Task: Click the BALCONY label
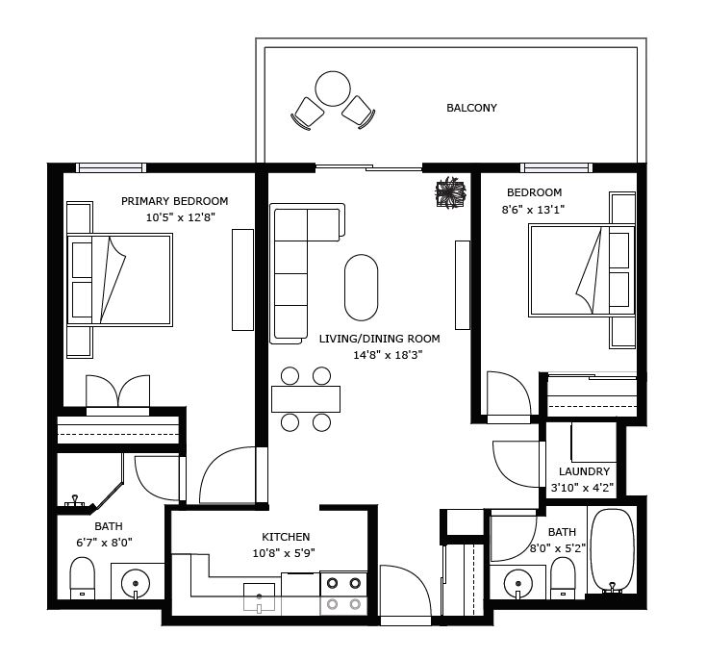471,108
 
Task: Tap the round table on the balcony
333,89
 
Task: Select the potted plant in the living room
451,192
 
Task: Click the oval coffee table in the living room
361,288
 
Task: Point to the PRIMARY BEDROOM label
175,201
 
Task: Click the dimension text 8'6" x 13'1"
533,210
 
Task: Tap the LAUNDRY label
584,471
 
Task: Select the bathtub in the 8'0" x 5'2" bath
612,550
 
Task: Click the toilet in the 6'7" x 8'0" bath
83,578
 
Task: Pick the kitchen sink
259,597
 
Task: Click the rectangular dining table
306,399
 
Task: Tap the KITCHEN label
286,537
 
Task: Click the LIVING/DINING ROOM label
380,339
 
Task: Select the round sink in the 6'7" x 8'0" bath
136,583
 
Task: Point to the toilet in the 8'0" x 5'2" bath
563,578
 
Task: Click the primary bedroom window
111,168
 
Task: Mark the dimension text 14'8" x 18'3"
388,355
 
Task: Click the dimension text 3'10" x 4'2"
582,488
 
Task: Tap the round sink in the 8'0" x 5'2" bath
518,583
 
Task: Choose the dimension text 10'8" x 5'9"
284,553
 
